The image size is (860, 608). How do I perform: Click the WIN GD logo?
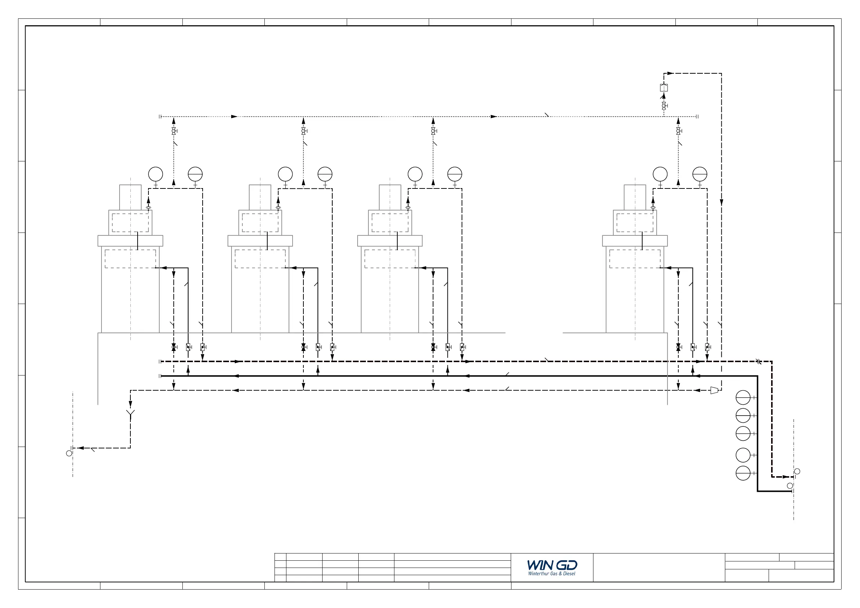click(x=552, y=565)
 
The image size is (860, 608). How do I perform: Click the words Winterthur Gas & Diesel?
click(x=552, y=574)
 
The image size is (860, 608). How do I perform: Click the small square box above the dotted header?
click(x=664, y=88)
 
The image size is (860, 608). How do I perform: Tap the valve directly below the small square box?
click(x=664, y=106)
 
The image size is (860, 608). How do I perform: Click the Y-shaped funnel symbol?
click(x=130, y=413)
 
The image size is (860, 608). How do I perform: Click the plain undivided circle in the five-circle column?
click(x=743, y=455)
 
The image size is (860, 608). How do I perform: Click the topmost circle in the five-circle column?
click(x=743, y=398)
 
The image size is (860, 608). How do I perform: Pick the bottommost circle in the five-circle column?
click(x=743, y=473)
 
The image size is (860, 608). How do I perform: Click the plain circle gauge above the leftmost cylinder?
click(x=155, y=174)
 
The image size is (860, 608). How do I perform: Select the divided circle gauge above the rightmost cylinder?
click(x=700, y=174)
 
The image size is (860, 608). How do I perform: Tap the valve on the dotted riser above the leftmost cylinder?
click(x=174, y=131)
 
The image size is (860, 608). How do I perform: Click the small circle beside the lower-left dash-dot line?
click(x=69, y=453)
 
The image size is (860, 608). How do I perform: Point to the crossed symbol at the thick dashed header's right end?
click(x=758, y=362)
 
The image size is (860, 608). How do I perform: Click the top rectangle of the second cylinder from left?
click(x=260, y=197)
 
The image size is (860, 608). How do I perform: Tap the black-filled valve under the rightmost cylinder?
click(x=678, y=347)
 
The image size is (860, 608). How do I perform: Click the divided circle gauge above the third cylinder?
click(x=455, y=174)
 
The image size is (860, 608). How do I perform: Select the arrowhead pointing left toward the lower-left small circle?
click(x=80, y=448)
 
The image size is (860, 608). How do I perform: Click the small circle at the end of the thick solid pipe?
click(x=790, y=486)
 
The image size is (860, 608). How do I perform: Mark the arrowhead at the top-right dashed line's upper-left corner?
click(x=670, y=73)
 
